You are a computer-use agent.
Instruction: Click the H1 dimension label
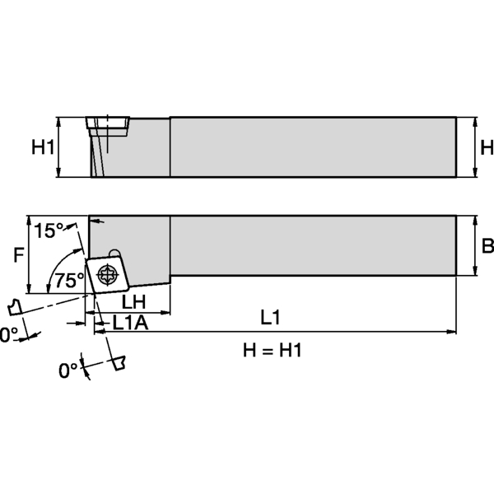pos(43,147)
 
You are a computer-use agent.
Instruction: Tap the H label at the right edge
pos(486,147)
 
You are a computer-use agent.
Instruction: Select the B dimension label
pos(486,246)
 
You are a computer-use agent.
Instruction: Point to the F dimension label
pos(19,255)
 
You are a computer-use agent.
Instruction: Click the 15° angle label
pos(49,231)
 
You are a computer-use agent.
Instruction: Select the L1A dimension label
pos(130,323)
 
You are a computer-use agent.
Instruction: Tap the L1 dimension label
pos(271,316)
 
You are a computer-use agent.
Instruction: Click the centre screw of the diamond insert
pos(106,274)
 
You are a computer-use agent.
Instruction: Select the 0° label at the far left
pos(7,334)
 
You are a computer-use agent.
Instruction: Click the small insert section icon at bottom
pos(119,362)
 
